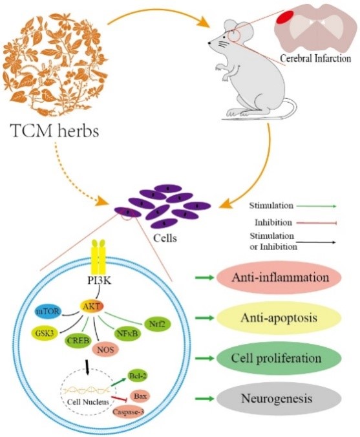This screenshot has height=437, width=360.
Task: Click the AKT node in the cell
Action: pos(92,306)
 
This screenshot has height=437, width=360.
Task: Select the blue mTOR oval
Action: pos(48,311)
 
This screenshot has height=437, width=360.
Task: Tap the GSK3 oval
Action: pos(45,332)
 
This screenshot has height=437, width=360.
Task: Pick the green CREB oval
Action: pos(78,340)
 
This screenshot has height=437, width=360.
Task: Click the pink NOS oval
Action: pos(106,349)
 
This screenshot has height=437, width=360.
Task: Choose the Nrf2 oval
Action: pos(156,324)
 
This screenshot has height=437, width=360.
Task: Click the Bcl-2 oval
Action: pos(138,376)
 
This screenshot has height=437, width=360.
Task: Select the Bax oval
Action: pos(140,396)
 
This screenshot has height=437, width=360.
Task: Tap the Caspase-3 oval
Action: pos(129,411)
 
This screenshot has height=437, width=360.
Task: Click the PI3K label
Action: pos(99,281)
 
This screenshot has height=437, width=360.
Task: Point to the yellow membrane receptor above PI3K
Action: pos(98,257)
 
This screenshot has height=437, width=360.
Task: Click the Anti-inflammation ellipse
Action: pos(279,277)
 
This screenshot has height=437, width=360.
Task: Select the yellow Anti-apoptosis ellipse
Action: pos(279,317)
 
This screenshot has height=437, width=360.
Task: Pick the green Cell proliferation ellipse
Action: pos(279,358)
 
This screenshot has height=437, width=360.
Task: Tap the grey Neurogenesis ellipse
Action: pos(279,399)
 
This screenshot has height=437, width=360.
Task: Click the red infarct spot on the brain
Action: pos(286,17)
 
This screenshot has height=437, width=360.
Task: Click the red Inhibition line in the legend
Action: pos(317,222)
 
